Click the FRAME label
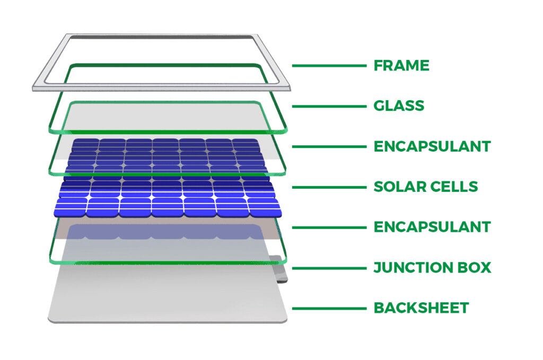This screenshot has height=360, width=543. tap(401, 65)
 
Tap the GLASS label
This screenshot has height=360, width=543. tap(399, 106)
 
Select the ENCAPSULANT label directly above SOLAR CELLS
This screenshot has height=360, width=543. tap(432, 146)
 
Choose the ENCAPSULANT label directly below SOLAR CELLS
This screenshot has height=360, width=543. tap(432, 227)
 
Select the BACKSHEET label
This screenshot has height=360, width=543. tap(421, 308)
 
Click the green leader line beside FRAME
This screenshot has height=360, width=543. tap(329, 65)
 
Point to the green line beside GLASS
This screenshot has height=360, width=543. tap(329, 106)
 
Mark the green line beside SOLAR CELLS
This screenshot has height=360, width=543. tap(329, 187)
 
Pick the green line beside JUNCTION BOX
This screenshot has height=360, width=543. tap(329, 268)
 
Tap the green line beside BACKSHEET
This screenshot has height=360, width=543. tap(329, 309)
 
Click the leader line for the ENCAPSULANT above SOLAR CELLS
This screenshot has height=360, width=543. tap(329, 147)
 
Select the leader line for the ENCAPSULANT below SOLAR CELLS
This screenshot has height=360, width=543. tap(329, 228)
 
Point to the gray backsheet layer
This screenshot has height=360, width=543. tap(168, 294)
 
